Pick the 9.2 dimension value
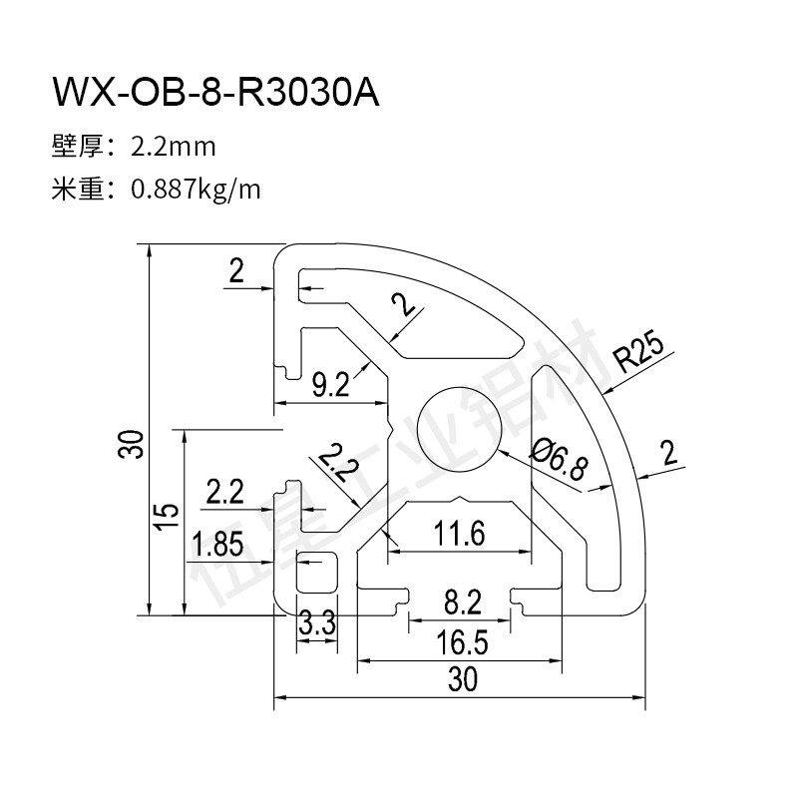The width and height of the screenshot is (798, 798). point(330,384)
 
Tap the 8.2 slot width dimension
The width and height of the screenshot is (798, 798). point(462,601)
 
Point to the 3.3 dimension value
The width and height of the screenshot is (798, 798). point(316,625)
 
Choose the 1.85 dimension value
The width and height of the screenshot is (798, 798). point(217,544)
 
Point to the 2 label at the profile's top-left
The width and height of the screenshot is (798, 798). point(236,270)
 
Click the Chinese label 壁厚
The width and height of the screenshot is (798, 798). point(78,148)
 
